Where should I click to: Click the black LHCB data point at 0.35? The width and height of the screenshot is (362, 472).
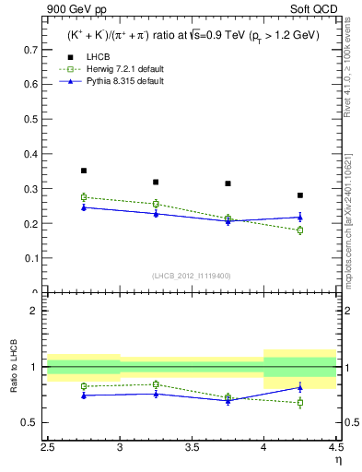tap(84, 171)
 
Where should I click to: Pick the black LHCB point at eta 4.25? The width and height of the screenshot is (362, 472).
tap(299, 195)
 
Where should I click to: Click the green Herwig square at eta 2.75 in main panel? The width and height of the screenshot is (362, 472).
tap(84, 197)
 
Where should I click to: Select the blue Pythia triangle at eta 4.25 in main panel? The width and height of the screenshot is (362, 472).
tap(299, 218)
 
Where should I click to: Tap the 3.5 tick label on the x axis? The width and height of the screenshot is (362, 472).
tap(192, 446)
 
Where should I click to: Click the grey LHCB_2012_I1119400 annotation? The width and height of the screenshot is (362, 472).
tap(192, 276)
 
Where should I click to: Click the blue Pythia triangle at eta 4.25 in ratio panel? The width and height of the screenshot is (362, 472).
tap(299, 387)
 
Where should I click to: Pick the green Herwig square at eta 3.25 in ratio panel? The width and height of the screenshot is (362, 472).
tap(156, 383)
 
